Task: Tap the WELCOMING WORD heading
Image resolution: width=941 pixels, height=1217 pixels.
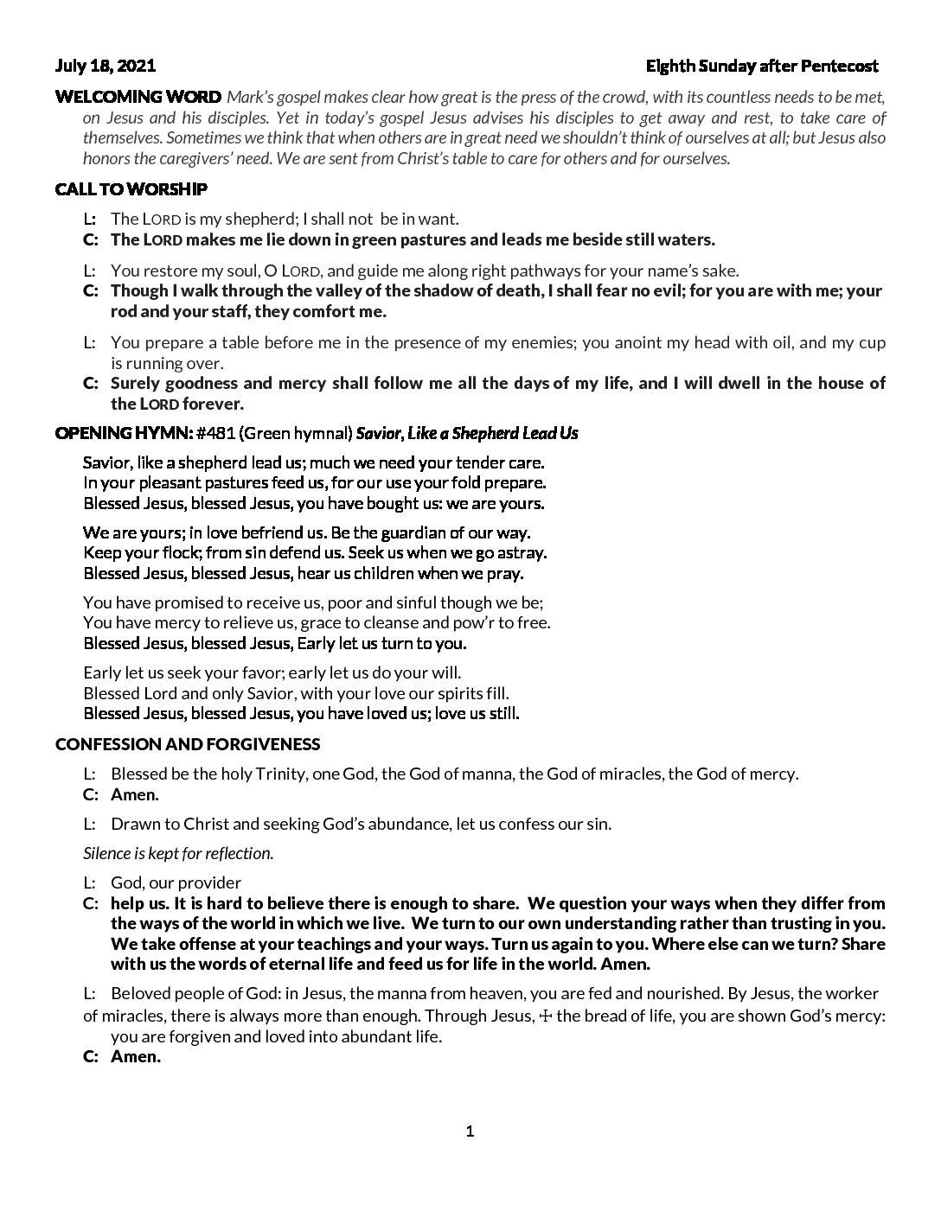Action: click(138, 97)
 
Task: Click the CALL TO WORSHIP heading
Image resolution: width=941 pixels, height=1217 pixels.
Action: click(131, 188)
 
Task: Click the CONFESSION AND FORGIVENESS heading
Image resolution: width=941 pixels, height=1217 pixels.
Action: click(188, 744)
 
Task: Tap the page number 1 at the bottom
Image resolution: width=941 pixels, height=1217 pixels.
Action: click(470, 1131)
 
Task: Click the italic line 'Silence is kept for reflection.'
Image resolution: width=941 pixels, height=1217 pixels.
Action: click(178, 853)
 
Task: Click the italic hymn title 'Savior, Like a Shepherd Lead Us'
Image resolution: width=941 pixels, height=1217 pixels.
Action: click(467, 433)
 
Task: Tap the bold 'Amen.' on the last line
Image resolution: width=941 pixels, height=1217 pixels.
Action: click(136, 1056)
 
